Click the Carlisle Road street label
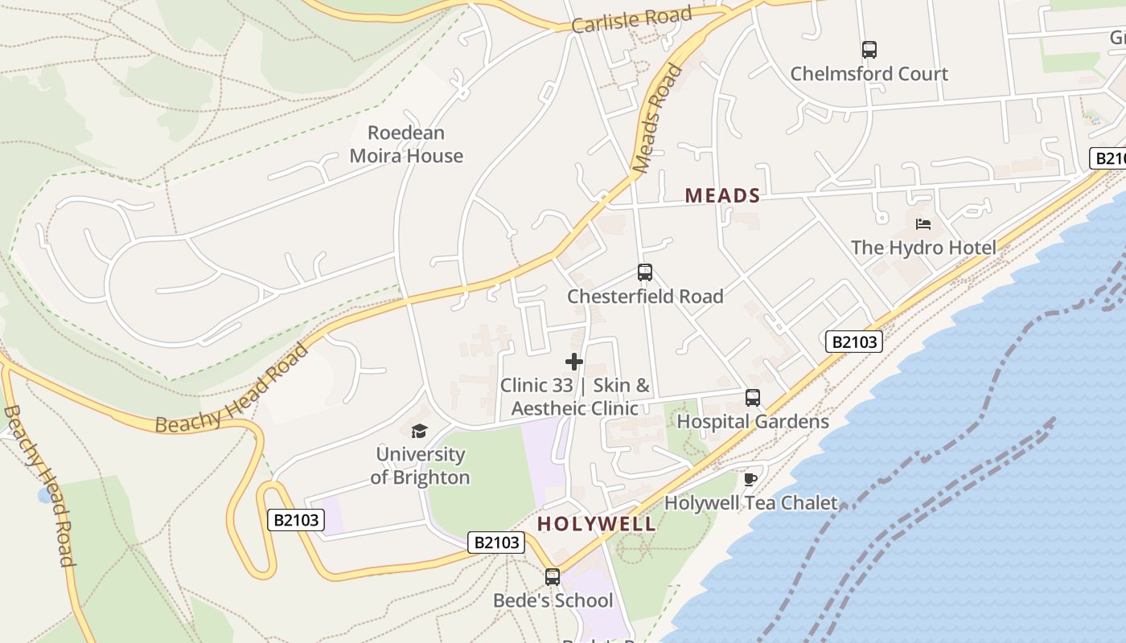tap(631, 20)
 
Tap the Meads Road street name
tap(657, 119)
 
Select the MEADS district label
tap(722, 195)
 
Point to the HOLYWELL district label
tap(596, 524)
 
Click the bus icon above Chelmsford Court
tap(869, 50)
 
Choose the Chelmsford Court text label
tap(869, 74)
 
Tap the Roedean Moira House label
tap(406, 145)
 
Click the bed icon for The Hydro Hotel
tap(923, 224)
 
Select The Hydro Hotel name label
tap(923, 248)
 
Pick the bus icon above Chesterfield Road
tap(644, 272)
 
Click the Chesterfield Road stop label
tap(645, 297)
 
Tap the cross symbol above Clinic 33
tap(574, 362)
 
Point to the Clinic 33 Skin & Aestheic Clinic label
tap(574, 397)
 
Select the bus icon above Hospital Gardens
tap(752, 398)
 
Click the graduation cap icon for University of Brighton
tap(419, 432)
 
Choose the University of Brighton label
tap(421, 466)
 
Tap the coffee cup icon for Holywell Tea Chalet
tap(750, 480)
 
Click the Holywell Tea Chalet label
tap(750, 503)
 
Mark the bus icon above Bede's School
tap(552, 577)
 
